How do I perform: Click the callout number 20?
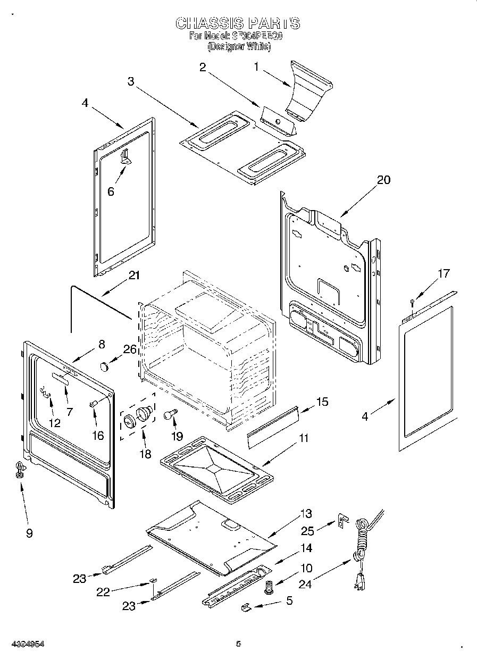tap(383, 180)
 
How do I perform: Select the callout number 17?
tap(443, 274)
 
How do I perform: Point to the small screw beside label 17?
tap(412, 303)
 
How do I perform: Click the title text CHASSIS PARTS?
tap(237, 23)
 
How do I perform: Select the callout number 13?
tap(306, 514)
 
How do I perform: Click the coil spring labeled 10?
tap(269, 588)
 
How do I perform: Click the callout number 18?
tap(145, 454)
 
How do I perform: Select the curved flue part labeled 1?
tap(308, 90)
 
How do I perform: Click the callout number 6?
tap(111, 192)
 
